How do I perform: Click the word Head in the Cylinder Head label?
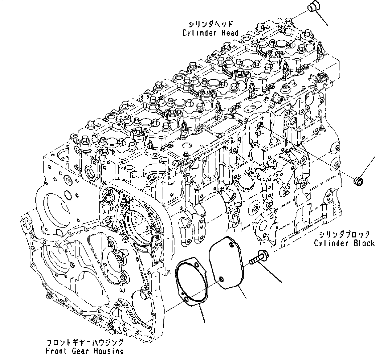pyautogui.click(x=230, y=33)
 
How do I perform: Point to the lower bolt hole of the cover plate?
pyautogui.click(x=220, y=279)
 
